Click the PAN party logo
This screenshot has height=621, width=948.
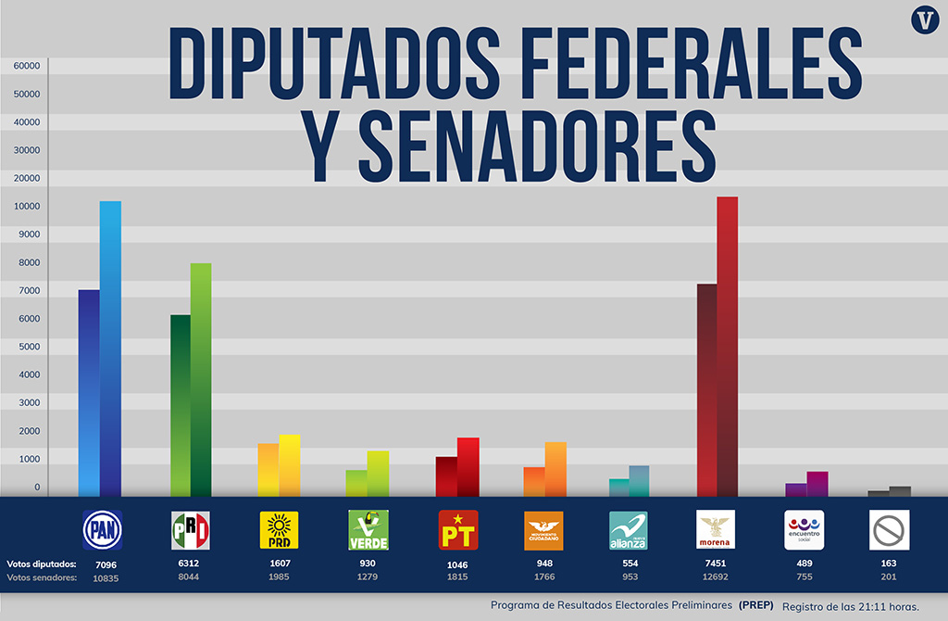(x=102, y=530)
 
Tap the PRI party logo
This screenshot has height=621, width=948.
(x=191, y=530)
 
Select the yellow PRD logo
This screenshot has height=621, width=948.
(x=279, y=530)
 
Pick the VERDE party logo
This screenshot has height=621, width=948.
(x=368, y=530)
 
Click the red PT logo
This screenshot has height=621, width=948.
(x=458, y=530)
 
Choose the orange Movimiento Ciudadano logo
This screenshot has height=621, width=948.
(x=543, y=530)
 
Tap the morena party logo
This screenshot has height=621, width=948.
(x=715, y=530)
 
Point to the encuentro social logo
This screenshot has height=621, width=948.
(x=804, y=530)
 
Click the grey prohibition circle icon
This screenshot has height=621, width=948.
(x=890, y=530)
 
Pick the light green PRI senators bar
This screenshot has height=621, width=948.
(x=201, y=380)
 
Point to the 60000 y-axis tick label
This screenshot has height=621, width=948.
(x=26, y=66)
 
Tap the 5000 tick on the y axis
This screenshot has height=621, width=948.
(x=31, y=347)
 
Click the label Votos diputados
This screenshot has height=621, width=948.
(x=42, y=564)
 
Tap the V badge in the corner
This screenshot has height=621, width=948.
(x=923, y=20)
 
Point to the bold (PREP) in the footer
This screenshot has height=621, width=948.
(x=755, y=604)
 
